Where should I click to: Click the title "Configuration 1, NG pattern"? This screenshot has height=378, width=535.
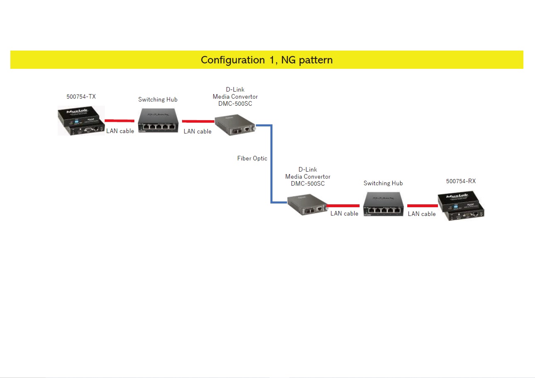pyautogui.click(x=267, y=60)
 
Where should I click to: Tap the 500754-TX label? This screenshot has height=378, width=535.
pyautogui.click(x=81, y=97)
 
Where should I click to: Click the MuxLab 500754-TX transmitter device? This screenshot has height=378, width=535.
pyautogui.click(x=81, y=121)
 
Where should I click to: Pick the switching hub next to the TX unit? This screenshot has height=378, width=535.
pyautogui.click(x=158, y=121)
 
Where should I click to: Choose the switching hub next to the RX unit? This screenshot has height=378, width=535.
pyautogui.click(x=384, y=205)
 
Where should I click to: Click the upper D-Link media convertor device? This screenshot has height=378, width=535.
pyautogui.click(x=234, y=125)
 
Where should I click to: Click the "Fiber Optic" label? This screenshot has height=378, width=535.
pyautogui.click(x=252, y=158)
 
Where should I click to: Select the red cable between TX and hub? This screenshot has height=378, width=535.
pyautogui.click(x=119, y=121)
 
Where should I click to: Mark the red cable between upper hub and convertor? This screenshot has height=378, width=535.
pyautogui.click(x=198, y=121)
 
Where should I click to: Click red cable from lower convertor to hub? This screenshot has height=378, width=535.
pyautogui.click(x=343, y=206)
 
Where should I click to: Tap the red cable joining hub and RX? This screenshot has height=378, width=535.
pyautogui.click(x=422, y=206)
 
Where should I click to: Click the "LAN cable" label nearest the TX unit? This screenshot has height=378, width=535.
pyautogui.click(x=120, y=131)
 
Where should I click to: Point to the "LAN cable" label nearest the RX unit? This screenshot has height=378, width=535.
pyautogui.click(x=422, y=214)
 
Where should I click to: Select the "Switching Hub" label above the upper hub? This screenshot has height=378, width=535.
pyautogui.click(x=158, y=99)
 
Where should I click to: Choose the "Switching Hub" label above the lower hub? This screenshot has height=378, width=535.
pyautogui.click(x=383, y=183)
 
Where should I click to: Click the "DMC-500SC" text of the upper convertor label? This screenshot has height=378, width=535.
pyautogui.click(x=235, y=104)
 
